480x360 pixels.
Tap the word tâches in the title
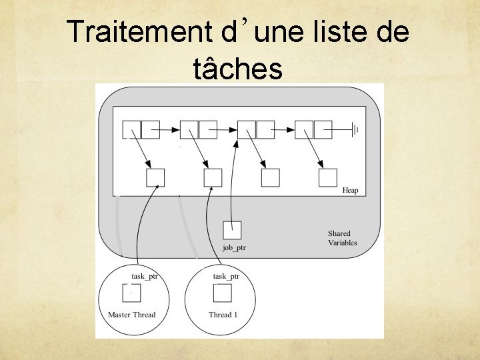(x=237, y=68)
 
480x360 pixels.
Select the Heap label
(x=350, y=191)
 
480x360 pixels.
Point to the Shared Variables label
(x=342, y=238)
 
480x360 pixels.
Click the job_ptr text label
(x=234, y=248)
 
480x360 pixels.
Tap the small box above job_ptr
(x=232, y=230)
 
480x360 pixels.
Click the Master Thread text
(x=131, y=315)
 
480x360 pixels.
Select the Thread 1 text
(x=223, y=315)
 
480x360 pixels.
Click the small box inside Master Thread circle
(x=131, y=293)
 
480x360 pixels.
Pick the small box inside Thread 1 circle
(x=222, y=293)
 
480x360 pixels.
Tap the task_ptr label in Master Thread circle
(x=145, y=276)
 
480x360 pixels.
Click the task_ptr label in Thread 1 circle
(x=226, y=276)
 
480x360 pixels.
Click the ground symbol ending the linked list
(x=355, y=129)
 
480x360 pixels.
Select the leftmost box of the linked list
(x=132, y=129)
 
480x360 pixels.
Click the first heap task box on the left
(x=155, y=178)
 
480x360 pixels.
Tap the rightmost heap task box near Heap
(x=327, y=178)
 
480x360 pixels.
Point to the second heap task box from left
(x=213, y=178)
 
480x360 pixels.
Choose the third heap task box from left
(x=270, y=178)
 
